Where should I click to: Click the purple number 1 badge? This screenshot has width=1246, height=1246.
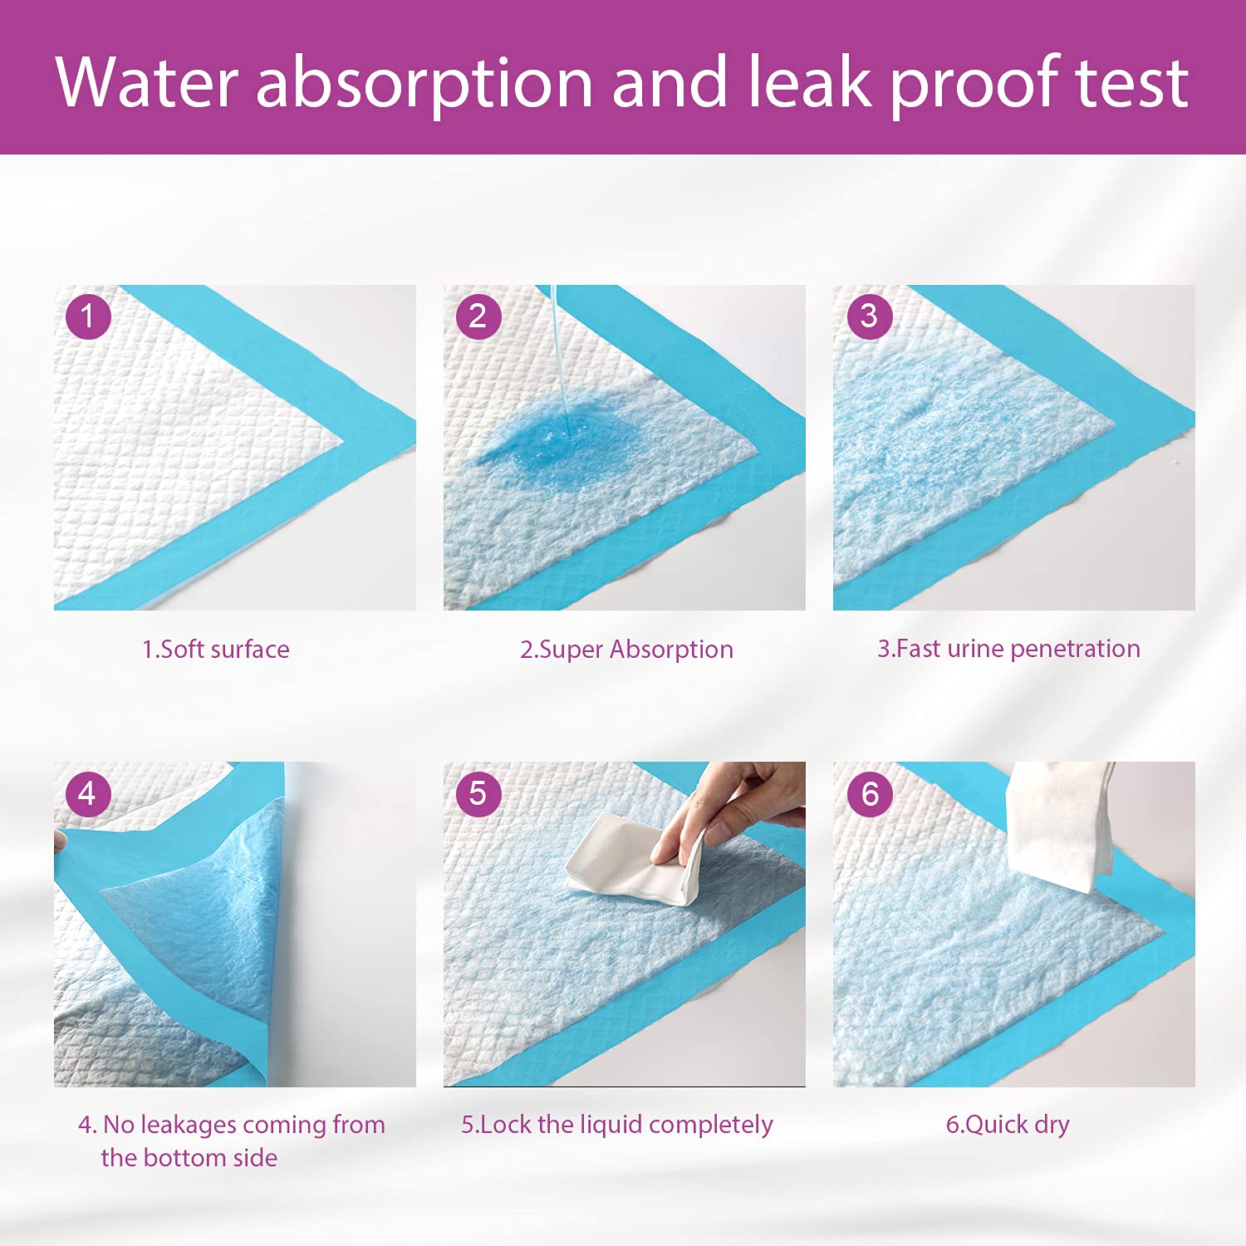[x=88, y=316]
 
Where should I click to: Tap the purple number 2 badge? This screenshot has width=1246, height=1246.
[x=478, y=316]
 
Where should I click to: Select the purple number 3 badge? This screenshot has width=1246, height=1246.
[x=869, y=316]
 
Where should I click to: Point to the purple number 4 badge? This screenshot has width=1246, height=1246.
[x=88, y=793]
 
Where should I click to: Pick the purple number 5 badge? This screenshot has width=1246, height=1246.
[x=478, y=793]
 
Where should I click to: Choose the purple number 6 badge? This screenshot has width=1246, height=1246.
[x=869, y=793]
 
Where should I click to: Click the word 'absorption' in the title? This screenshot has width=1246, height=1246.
[x=424, y=83]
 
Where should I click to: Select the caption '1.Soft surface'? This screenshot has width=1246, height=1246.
[x=216, y=649]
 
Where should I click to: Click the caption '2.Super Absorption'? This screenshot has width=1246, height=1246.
[x=626, y=649]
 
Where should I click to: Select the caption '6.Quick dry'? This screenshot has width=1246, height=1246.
[x=1008, y=1125]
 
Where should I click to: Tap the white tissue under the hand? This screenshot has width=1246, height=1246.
[x=619, y=868]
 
